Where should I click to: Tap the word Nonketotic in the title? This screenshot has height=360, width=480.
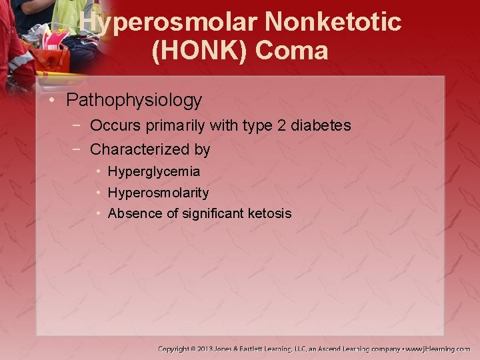tap(333, 22)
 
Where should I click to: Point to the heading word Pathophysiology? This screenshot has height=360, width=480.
tap(134, 101)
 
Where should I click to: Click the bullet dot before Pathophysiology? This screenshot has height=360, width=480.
tap(53, 101)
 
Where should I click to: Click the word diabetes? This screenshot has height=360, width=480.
tap(321, 125)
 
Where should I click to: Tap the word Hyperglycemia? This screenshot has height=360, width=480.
tap(153, 172)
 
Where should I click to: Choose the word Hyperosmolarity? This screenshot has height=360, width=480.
tap(158, 193)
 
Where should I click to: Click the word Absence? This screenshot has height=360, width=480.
tap(131, 213)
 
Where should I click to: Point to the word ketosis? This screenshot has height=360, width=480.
tap(269, 213)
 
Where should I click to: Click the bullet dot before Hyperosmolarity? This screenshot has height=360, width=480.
tap(98, 193)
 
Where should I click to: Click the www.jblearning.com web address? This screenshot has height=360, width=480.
tap(438, 349)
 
